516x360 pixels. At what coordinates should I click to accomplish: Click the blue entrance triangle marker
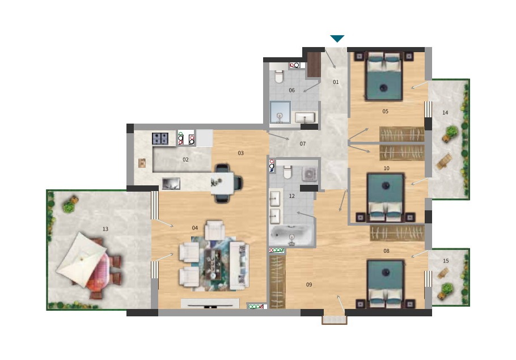pyautogui.click(x=337, y=39)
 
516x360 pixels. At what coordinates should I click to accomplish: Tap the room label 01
pyautogui.click(x=336, y=82)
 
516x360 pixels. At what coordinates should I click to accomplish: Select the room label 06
pyautogui.click(x=291, y=90)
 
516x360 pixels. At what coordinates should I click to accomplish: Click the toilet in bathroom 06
pyautogui.click(x=279, y=76)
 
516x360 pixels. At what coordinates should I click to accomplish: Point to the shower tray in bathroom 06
pyautogui.click(x=280, y=112)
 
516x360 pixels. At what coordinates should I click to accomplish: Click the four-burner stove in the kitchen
pyautogui.click(x=160, y=138)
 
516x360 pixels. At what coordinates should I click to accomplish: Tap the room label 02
pyautogui.click(x=185, y=160)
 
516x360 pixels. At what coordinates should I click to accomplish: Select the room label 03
pyautogui.click(x=240, y=153)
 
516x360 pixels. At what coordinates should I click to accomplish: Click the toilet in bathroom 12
pyautogui.click(x=287, y=172)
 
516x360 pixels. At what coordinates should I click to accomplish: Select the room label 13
pyautogui.click(x=105, y=229)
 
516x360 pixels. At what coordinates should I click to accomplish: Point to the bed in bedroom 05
pyautogui.click(x=384, y=77)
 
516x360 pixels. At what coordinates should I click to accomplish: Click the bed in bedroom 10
pyautogui.click(x=386, y=197)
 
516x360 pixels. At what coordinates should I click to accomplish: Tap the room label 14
pyautogui.click(x=445, y=113)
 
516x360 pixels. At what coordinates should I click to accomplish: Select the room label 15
pyautogui.click(x=446, y=261)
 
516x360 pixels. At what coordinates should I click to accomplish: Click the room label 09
pyautogui.click(x=308, y=285)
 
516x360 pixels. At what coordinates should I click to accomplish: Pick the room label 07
pyautogui.click(x=302, y=144)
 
